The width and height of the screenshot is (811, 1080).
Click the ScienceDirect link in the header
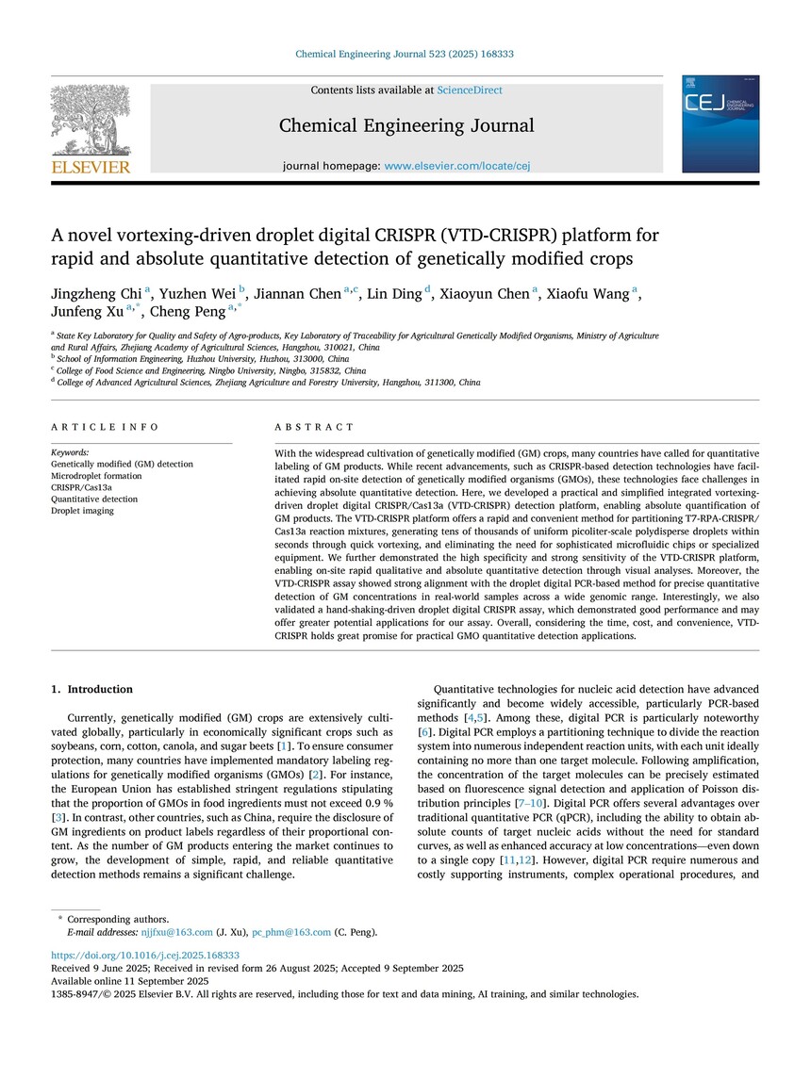coord(469,90)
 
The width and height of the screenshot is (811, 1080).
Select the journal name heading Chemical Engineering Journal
coord(405,125)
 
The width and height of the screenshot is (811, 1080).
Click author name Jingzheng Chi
coord(93,295)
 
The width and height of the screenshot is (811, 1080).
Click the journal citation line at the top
coord(405,55)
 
